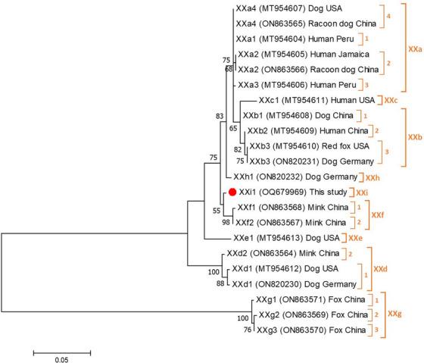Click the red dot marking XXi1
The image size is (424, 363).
click(233, 192)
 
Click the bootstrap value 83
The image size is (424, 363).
click(220, 116)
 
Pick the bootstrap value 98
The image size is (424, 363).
click(224, 223)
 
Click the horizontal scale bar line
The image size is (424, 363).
click(62, 352)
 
